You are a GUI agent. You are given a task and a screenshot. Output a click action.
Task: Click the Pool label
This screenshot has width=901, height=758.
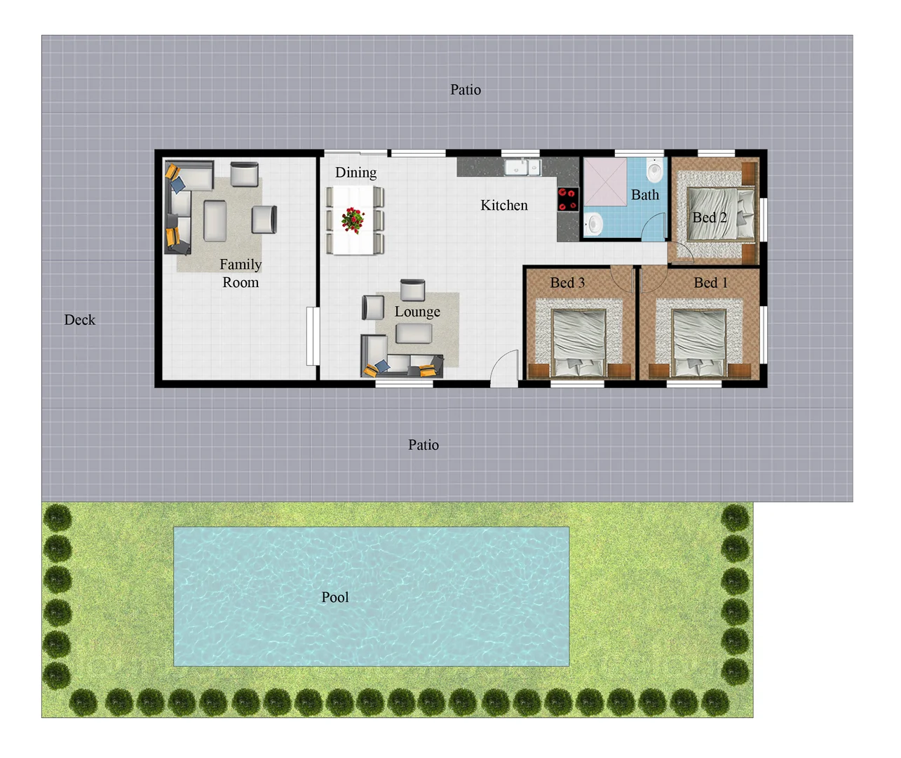click(x=334, y=597)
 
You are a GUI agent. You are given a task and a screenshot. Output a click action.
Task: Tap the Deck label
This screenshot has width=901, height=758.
click(x=79, y=320)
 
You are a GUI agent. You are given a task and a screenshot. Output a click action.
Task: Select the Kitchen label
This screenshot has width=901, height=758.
click(x=503, y=206)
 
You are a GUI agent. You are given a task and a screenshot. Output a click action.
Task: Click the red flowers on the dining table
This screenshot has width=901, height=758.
click(x=353, y=220)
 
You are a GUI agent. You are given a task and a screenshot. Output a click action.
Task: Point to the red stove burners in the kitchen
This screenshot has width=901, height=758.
click(x=568, y=199)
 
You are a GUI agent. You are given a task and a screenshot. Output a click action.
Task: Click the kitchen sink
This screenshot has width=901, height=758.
click(x=522, y=168)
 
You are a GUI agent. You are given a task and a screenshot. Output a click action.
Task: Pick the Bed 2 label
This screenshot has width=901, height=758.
click(x=709, y=218)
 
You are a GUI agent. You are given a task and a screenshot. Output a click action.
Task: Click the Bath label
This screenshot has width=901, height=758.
click(x=644, y=195)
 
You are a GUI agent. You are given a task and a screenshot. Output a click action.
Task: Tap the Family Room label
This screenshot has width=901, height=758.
click(x=241, y=274)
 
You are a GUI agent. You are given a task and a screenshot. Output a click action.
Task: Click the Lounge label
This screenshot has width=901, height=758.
click(x=417, y=312)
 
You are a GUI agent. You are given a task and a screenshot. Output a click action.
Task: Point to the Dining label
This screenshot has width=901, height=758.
click(x=355, y=173)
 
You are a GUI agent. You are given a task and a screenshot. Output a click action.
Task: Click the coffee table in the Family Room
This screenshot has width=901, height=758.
click(x=215, y=220)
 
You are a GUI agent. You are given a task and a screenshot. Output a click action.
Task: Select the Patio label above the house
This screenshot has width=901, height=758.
click(x=466, y=90)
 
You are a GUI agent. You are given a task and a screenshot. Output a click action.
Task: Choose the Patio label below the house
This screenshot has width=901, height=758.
click(x=424, y=445)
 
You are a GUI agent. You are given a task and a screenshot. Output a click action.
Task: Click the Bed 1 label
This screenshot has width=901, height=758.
click(x=710, y=283)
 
